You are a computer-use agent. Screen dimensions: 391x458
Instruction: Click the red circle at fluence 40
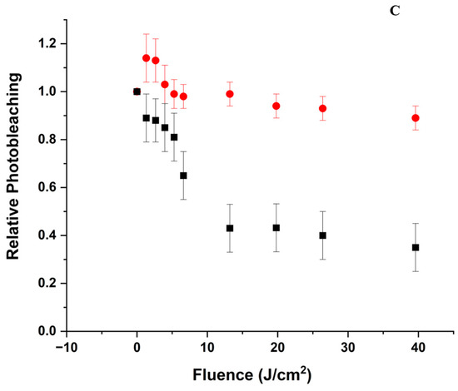pyautogui.click(x=416, y=117)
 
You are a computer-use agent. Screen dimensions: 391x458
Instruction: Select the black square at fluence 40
pyautogui.click(x=416, y=247)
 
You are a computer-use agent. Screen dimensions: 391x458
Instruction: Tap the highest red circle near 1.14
pyautogui.click(x=147, y=58)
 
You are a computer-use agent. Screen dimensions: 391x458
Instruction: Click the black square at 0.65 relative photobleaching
pyautogui.click(x=183, y=176)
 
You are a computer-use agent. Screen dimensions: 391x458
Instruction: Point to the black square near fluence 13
pyautogui.click(x=230, y=228)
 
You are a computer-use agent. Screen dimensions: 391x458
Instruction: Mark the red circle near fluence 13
pyautogui.click(x=230, y=94)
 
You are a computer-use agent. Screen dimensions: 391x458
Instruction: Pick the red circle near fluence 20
pyautogui.click(x=276, y=106)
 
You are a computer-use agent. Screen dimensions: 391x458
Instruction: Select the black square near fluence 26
pyautogui.click(x=323, y=235)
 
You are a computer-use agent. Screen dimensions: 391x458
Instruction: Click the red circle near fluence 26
pyautogui.click(x=323, y=108)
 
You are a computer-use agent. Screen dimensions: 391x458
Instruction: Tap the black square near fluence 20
pyautogui.click(x=276, y=228)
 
